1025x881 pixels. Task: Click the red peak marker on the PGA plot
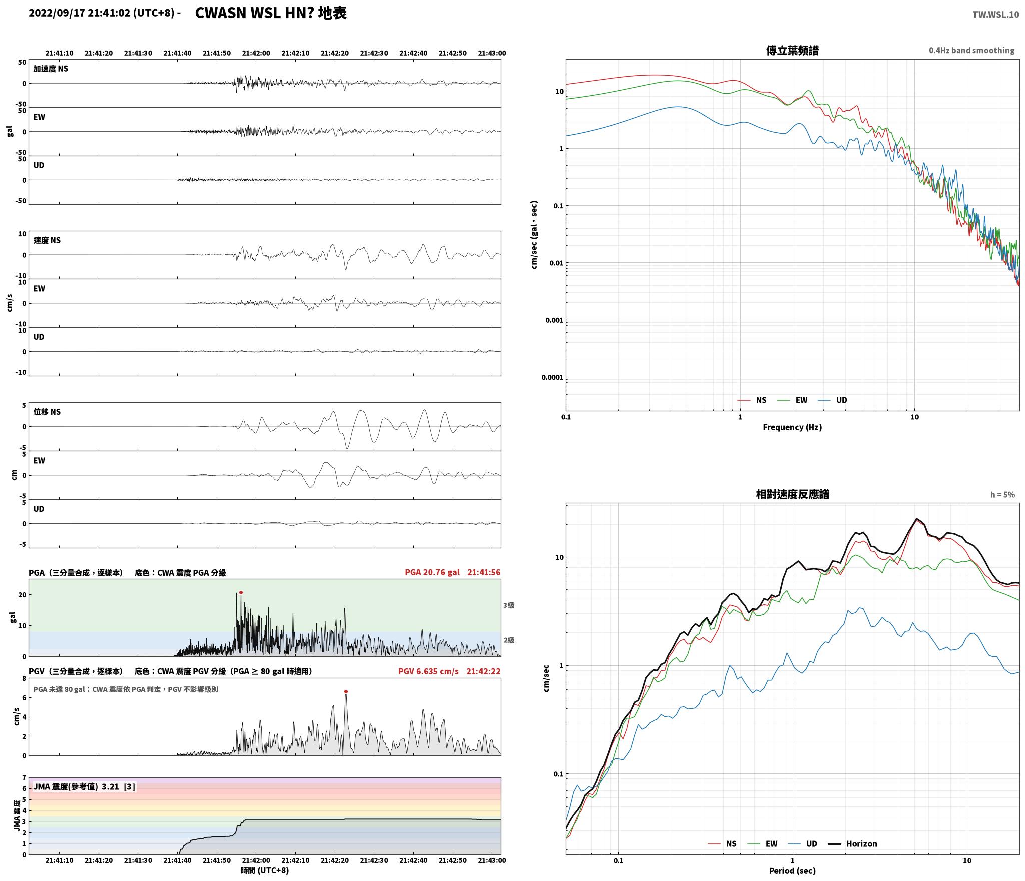coord(241,592)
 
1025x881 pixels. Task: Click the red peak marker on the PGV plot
coord(346,691)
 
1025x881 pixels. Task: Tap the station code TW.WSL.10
coord(995,14)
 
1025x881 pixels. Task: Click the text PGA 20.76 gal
coord(432,572)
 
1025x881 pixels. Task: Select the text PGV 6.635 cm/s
coord(428,671)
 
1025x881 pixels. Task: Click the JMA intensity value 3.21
coord(110,786)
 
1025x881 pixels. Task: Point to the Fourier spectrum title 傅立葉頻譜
coord(792,50)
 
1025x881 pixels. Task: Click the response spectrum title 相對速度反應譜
coord(792,494)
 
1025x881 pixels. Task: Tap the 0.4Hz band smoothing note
coord(971,50)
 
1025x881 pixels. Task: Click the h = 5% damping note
coord(1002,494)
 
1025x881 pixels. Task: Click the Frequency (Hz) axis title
coord(792,427)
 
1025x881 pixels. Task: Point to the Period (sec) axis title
coord(792,870)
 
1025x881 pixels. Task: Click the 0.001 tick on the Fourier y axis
coord(554,320)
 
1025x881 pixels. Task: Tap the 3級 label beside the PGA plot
coord(509,605)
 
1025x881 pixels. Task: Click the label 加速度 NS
coord(51,69)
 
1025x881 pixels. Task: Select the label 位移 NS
coord(47,412)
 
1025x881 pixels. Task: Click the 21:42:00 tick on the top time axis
coord(256,53)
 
